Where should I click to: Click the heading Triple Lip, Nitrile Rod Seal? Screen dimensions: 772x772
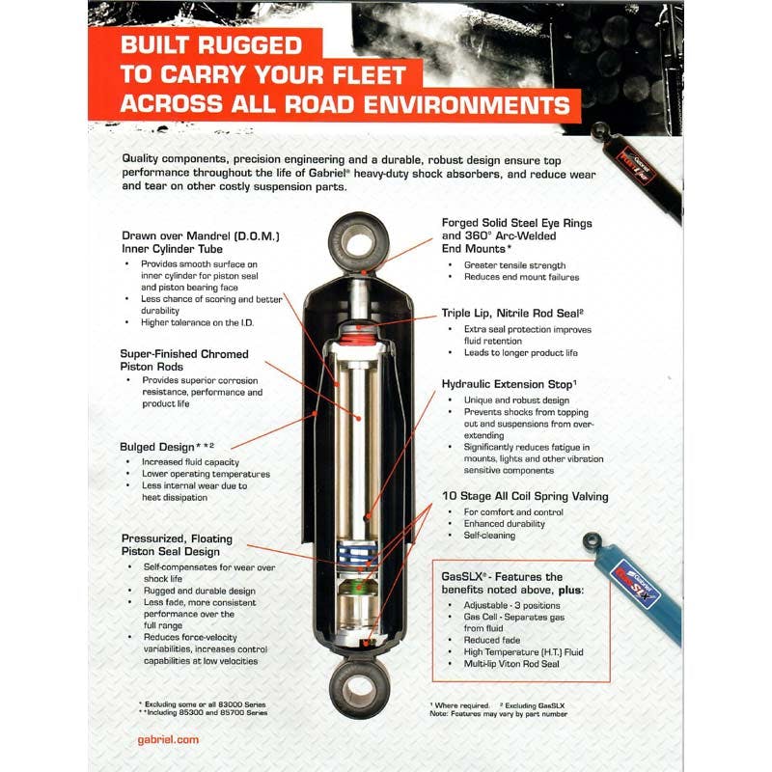[510, 313]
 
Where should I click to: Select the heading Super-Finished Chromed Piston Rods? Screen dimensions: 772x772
[184, 360]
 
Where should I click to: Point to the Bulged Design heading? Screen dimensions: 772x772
[166, 447]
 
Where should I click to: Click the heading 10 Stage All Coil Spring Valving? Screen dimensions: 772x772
[524, 496]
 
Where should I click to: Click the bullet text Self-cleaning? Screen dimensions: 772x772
[489, 536]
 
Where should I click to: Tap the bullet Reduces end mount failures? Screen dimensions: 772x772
[521, 278]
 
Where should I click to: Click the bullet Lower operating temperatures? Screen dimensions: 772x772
[206, 474]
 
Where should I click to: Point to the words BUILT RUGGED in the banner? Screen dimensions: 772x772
[210, 45]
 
